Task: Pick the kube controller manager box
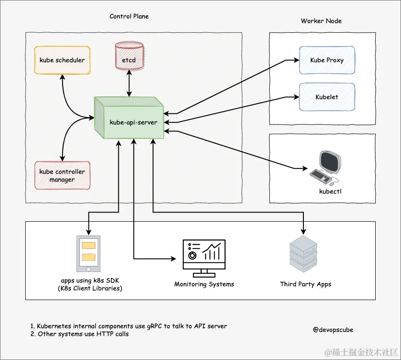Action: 62,175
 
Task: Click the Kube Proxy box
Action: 327,60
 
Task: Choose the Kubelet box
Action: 327,97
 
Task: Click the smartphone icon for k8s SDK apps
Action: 88,254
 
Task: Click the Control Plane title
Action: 129,16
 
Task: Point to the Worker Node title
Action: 321,21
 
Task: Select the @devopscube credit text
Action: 333,330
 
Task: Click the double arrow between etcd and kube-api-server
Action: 129,84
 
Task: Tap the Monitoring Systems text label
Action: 204,284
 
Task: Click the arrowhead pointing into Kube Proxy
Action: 296,60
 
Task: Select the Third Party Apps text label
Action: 305,284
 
